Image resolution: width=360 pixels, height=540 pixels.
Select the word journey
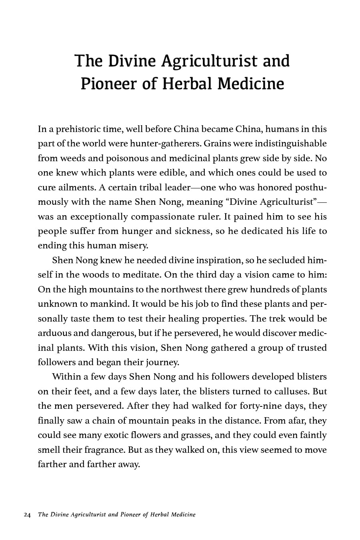163,363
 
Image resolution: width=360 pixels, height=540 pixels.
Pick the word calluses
291,392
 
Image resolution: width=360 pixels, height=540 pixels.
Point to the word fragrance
105,450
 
